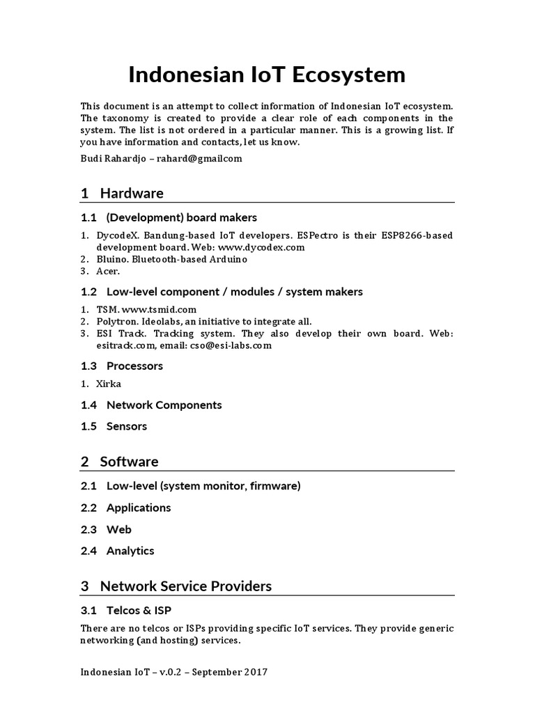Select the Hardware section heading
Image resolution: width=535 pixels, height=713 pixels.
tap(131, 193)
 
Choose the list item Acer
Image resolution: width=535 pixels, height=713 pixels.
tap(108, 271)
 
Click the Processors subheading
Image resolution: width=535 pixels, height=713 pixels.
tap(134, 366)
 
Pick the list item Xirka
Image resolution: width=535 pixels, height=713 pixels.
tap(109, 384)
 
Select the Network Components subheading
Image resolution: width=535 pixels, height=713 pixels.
tap(164, 405)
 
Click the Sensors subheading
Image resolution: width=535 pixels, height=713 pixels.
tap(126, 426)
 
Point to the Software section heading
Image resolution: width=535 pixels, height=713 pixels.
tap(129, 462)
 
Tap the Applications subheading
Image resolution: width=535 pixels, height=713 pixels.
tap(138, 508)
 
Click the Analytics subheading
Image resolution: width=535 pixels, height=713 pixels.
tap(130, 551)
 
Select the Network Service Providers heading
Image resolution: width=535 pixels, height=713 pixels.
tap(185, 586)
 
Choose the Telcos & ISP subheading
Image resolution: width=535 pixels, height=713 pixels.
tap(138, 611)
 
